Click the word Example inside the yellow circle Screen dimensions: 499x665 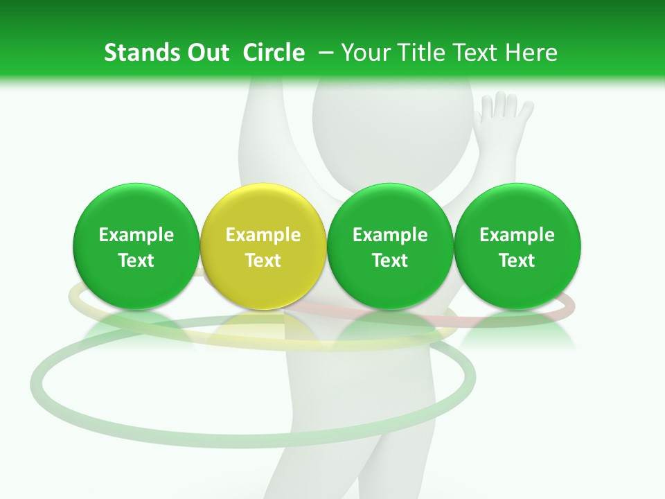tap(263, 235)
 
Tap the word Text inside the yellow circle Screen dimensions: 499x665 tap(263, 261)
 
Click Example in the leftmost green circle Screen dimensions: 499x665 tap(136, 235)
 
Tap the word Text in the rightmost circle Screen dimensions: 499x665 tap(517, 261)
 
